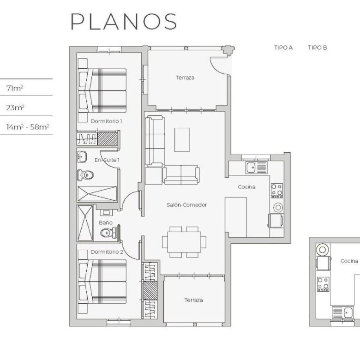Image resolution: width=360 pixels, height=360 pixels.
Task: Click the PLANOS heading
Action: click(x=124, y=21)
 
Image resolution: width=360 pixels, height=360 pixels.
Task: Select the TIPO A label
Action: click(x=283, y=48)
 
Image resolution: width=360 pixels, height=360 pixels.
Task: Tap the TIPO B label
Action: click(x=318, y=48)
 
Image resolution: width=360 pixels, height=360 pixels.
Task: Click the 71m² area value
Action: click(x=15, y=88)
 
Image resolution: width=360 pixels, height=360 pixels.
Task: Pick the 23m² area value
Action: click(x=15, y=108)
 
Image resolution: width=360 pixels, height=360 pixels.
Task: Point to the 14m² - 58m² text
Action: click(x=28, y=127)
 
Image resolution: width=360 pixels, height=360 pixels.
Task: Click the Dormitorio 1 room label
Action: click(x=106, y=121)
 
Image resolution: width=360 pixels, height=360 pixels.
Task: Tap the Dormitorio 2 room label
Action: click(x=107, y=252)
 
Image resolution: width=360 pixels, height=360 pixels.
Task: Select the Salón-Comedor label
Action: click(x=186, y=205)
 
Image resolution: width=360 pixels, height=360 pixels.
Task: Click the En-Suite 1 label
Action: click(x=107, y=160)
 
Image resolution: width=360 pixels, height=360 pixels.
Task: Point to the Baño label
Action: click(x=106, y=222)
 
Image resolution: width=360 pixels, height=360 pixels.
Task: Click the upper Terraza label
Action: click(x=185, y=78)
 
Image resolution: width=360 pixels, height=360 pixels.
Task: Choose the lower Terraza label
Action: click(x=193, y=300)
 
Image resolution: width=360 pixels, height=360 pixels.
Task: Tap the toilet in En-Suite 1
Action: click(x=85, y=175)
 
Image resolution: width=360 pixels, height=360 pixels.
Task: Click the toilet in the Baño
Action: click(x=109, y=233)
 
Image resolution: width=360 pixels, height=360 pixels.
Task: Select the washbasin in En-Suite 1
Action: click(x=82, y=157)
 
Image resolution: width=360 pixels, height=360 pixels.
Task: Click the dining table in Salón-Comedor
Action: click(x=184, y=242)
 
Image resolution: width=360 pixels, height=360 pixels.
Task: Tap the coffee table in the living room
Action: click(x=182, y=140)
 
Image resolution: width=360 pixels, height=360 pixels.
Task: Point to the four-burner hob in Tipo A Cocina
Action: click(x=277, y=191)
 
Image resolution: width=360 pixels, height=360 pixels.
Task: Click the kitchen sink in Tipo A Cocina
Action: click(x=257, y=168)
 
